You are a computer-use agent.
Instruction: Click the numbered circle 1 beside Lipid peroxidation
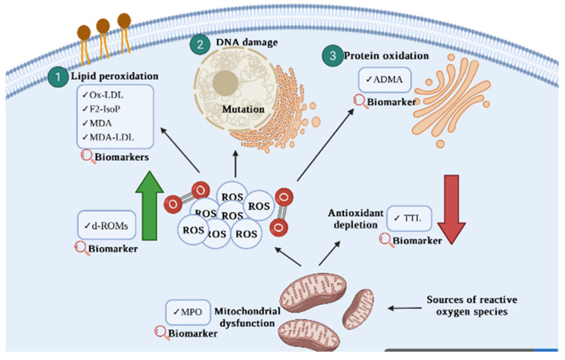[x=58, y=77]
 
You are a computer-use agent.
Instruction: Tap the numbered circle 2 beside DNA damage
[x=200, y=44]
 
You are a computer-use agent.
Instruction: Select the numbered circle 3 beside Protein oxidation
[x=332, y=56]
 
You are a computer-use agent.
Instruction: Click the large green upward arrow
[x=149, y=206]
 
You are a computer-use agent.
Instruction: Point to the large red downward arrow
[x=451, y=210]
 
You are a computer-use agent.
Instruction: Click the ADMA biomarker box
[x=385, y=79]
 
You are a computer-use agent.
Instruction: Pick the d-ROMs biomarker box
[x=107, y=226]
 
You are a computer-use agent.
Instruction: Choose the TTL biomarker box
[x=409, y=218]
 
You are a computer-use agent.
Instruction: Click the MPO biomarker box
[x=188, y=312]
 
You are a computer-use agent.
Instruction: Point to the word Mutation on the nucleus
[x=243, y=109]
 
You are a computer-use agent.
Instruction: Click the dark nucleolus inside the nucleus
[x=226, y=83]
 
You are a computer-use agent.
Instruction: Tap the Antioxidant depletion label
[x=355, y=219]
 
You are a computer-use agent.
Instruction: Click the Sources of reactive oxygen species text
[x=472, y=306]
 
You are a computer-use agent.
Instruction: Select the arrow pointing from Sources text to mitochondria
[x=405, y=308]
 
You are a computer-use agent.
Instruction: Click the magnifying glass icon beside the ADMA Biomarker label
[x=360, y=101]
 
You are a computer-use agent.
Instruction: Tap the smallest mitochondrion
[x=358, y=309]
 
